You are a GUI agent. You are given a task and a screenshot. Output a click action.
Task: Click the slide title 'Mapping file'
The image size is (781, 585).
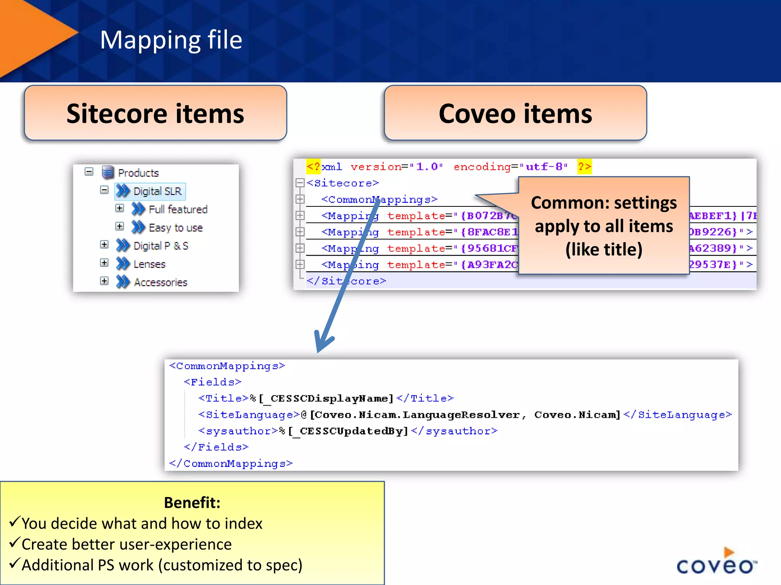(x=171, y=40)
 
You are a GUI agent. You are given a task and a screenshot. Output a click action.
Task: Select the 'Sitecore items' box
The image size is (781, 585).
(x=155, y=113)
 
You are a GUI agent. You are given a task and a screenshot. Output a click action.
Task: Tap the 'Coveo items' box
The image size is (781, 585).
(x=515, y=113)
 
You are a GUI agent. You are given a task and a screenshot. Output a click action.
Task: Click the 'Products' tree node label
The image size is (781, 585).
(x=138, y=173)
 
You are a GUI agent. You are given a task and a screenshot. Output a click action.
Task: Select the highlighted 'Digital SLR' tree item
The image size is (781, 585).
(x=157, y=191)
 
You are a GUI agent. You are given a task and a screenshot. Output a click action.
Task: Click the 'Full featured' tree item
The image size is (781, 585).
(x=178, y=209)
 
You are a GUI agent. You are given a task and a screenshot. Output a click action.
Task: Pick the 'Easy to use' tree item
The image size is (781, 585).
(x=175, y=228)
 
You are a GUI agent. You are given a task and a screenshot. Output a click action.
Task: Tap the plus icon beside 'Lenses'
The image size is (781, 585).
(x=104, y=263)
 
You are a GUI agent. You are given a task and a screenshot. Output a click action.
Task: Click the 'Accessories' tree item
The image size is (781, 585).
(x=161, y=282)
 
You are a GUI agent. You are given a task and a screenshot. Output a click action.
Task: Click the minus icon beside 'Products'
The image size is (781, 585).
(x=89, y=172)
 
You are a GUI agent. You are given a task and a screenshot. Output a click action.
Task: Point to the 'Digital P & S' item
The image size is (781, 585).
(x=161, y=246)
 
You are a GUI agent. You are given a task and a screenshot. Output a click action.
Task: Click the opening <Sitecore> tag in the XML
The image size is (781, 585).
(x=342, y=183)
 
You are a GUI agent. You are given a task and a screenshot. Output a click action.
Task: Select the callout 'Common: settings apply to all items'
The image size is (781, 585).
(x=604, y=225)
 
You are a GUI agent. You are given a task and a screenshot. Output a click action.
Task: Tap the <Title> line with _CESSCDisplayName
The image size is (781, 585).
(x=326, y=398)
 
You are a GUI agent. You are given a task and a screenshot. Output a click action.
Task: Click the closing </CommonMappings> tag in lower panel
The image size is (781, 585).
(x=231, y=464)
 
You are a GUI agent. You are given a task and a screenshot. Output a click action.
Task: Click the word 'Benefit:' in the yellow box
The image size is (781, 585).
(x=192, y=503)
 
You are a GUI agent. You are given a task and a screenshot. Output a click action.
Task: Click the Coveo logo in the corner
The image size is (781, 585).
(x=716, y=561)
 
